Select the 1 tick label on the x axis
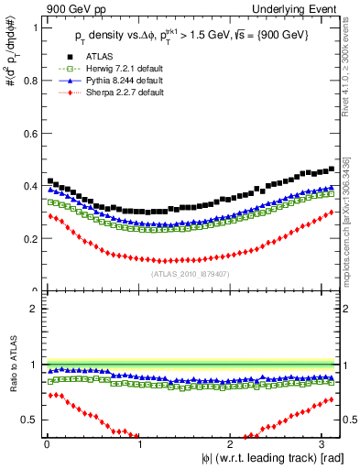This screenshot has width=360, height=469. click(139, 445)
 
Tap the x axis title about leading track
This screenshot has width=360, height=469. click(274, 458)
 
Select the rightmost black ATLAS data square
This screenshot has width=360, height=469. click(331, 169)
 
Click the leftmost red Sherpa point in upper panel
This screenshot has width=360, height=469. click(50, 216)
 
